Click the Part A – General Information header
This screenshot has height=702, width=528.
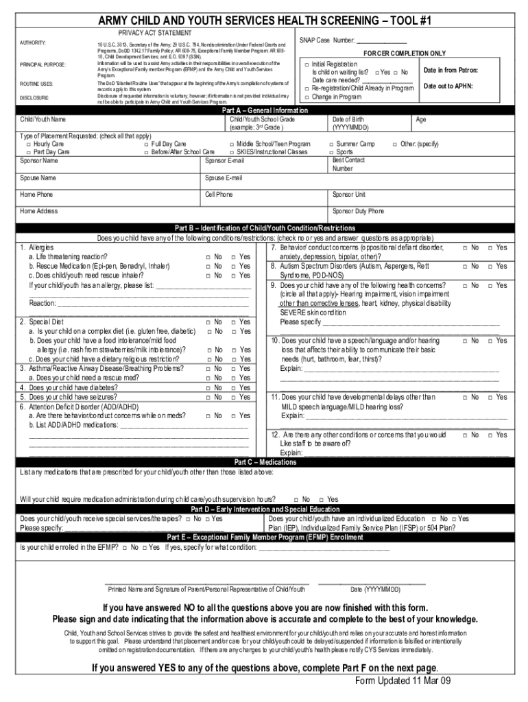pyautogui.click(x=265, y=110)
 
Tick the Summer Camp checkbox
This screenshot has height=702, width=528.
pyautogui.click(x=331, y=144)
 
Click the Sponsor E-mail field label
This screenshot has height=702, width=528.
pyautogui.click(x=224, y=161)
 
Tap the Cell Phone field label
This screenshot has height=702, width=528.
pyautogui.click(x=219, y=195)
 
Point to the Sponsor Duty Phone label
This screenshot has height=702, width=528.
pyautogui.click(x=358, y=211)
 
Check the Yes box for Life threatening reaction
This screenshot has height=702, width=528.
pyautogui.click(x=233, y=256)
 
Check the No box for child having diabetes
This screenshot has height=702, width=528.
pyautogui.click(x=208, y=387)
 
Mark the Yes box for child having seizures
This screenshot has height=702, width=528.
pyautogui.click(x=233, y=397)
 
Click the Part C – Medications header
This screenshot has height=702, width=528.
pyautogui.click(x=265, y=463)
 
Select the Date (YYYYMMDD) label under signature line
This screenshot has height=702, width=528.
pyautogui.click(x=376, y=590)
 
